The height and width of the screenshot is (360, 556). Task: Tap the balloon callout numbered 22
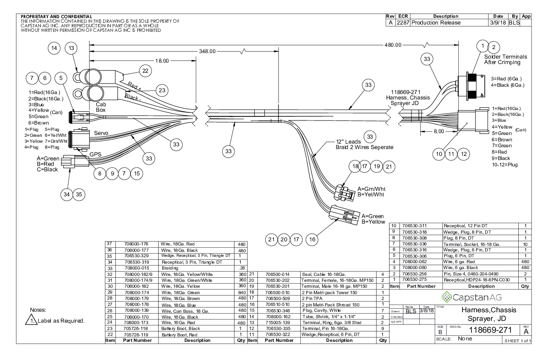tap(145, 71)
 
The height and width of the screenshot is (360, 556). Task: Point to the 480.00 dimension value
tap(393, 45)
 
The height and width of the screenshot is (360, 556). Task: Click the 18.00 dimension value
tap(163, 60)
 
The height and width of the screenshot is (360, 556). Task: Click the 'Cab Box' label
tap(101, 107)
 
